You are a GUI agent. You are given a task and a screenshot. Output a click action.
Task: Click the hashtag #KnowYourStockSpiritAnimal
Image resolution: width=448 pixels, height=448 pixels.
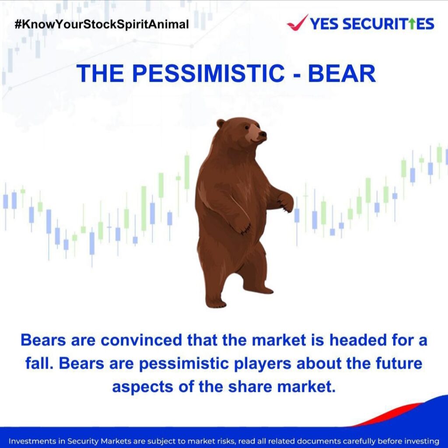pyautogui.click(x=101, y=24)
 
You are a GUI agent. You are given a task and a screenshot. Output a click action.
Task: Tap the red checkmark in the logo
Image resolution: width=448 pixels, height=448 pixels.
pyautogui.click(x=297, y=23)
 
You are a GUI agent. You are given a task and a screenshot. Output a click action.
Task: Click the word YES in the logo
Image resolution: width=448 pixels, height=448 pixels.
pyautogui.click(x=324, y=24)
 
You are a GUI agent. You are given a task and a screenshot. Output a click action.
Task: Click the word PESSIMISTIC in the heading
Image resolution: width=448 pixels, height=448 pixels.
pyautogui.click(x=208, y=73)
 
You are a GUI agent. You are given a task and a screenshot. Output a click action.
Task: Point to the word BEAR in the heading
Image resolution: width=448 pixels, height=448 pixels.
pyautogui.click(x=341, y=73)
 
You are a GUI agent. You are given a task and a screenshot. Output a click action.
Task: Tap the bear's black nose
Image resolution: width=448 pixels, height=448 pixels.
pyautogui.click(x=262, y=134)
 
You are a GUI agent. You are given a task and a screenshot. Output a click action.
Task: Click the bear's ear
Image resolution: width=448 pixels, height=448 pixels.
pyautogui.click(x=220, y=123)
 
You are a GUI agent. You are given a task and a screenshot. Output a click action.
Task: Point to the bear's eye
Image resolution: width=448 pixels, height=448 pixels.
pyautogui.click(x=247, y=127)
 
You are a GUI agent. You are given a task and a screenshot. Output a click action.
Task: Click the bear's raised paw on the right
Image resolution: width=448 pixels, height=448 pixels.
pyautogui.click(x=286, y=202)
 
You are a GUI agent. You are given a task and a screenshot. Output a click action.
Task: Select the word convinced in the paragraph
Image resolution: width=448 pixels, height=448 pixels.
pyautogui.click(x=141, y=340)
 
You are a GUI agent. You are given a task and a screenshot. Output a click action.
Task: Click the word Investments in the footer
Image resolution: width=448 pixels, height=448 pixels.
pyautogui.click(x=32, y=441)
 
